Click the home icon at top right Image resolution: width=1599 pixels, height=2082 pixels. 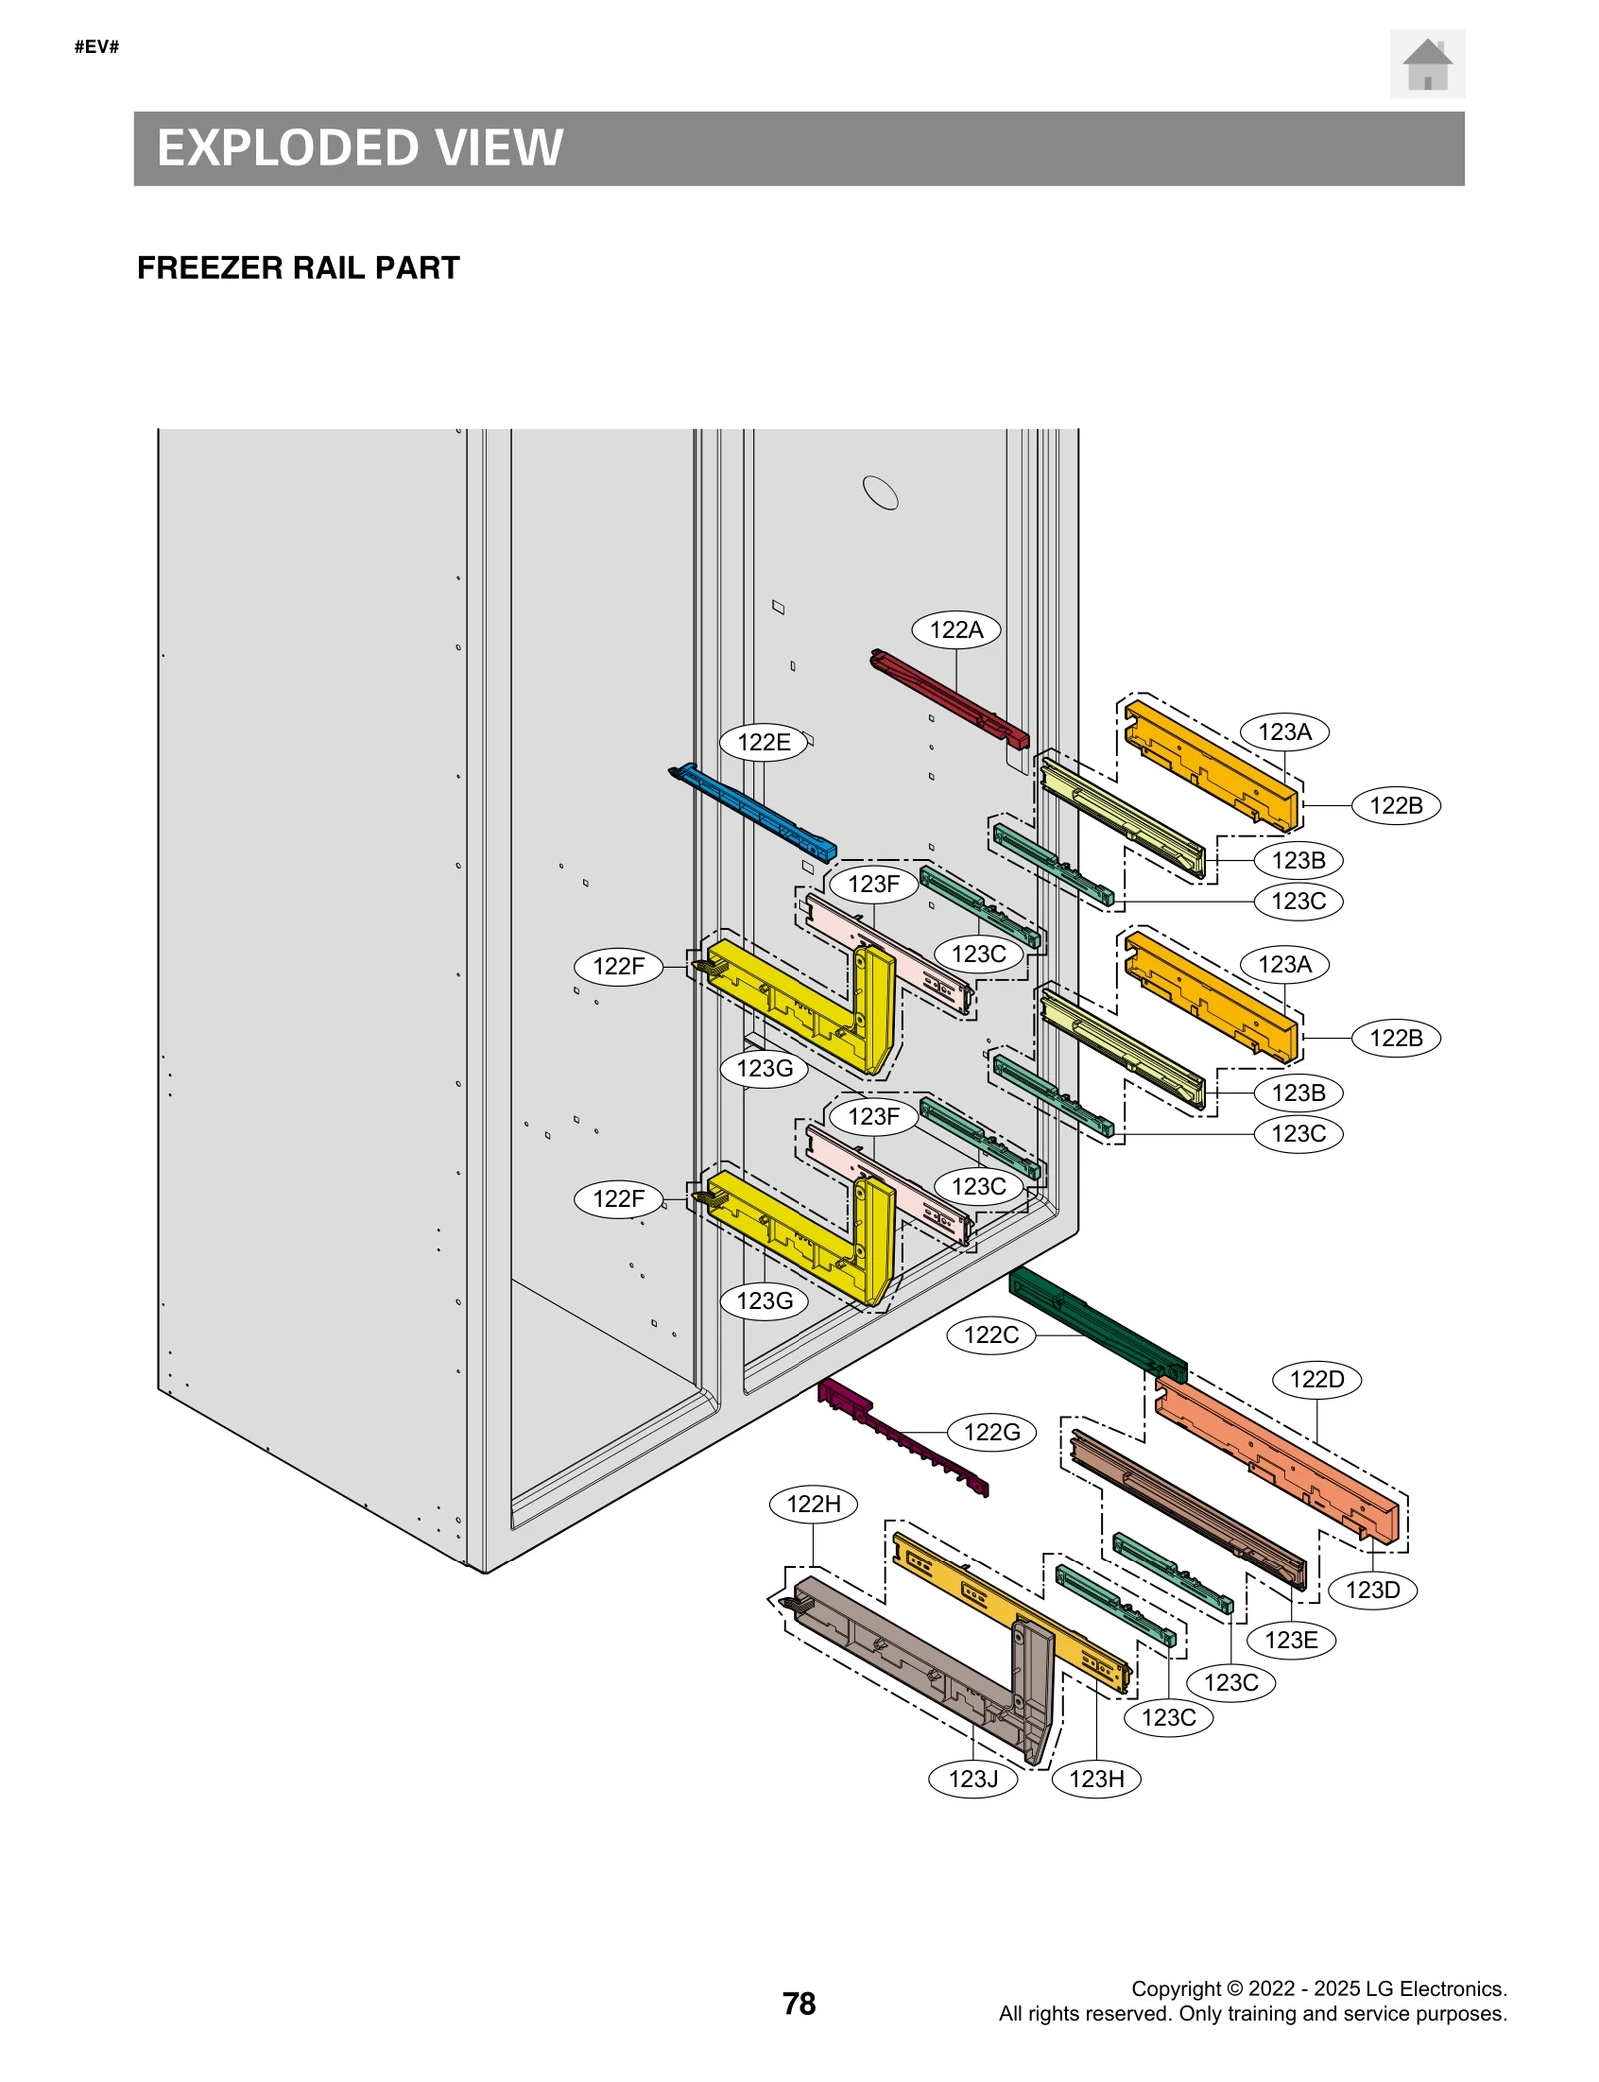coord(1426,64)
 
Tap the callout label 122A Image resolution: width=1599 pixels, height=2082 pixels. coord(956,630)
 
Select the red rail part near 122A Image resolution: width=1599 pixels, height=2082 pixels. coord(949,699)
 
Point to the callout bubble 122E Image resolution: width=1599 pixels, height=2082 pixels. coord(764,742)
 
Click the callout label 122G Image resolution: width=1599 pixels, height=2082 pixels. coord(991,1432)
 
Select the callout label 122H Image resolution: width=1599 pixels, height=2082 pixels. coord(813,1504)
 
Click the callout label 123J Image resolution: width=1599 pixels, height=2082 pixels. coord(973,1778)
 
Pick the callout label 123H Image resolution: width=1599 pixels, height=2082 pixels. coord(1096,1778)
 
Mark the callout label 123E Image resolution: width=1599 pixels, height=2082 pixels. coord(1290,1640)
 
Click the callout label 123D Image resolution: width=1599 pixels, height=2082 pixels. coord(1372,1590)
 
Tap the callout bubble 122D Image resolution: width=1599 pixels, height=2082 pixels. coord(1316,1380)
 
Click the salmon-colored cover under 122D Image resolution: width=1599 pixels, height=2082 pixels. coord(1279,1459)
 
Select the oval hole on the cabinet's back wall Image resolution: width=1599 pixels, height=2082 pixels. coord(880,492)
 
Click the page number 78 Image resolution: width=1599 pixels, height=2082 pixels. coord(799,2004)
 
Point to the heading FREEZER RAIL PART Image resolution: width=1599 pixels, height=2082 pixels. coord(298,268)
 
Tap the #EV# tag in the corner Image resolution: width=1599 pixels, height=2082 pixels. coord(97,47)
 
